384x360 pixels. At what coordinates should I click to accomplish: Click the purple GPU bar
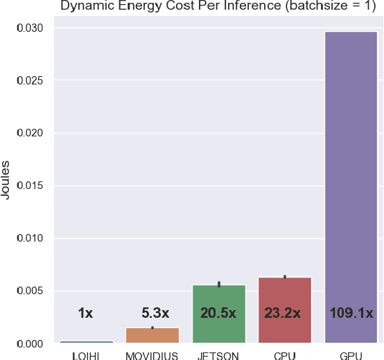[x=351, y=187]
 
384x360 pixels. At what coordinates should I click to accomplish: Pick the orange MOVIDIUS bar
[x=152, y=335]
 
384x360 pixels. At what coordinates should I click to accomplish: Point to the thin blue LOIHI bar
[x=85, y=342]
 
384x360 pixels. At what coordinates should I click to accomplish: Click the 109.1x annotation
[x=351, y=313]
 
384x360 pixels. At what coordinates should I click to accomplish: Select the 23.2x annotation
[x=283, y=313]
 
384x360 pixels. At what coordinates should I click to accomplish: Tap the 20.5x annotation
[x=218, y=313]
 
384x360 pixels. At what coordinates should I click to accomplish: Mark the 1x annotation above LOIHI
[x=85, y=313]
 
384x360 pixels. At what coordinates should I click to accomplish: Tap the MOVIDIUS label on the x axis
[x=152, y=356]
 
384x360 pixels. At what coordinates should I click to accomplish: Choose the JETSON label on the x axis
[x=218, y=356]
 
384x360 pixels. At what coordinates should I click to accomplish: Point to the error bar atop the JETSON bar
[x=219, y=284]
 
